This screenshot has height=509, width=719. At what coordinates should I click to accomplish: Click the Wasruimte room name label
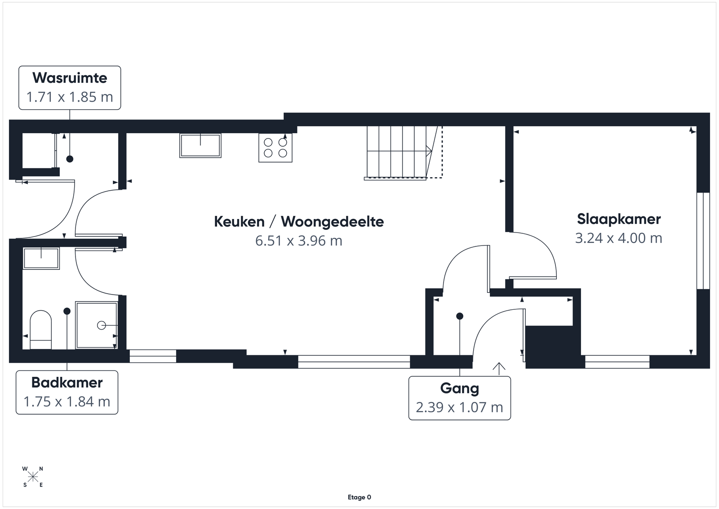point(70,78)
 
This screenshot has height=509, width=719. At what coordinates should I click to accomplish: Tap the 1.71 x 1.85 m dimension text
point(70,97)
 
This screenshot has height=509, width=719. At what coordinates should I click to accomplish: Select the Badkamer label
point(67,383)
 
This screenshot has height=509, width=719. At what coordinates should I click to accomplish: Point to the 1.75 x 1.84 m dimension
point(67,402)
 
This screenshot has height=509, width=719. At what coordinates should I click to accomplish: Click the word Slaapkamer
point(619,219)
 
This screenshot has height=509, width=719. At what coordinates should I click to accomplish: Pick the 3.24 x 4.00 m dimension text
point(618,238)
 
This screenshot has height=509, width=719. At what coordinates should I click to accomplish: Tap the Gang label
point(459,388)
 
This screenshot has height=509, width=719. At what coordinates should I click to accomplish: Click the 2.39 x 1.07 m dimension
point(459,407)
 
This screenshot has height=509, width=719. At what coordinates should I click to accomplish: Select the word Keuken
point(240,222)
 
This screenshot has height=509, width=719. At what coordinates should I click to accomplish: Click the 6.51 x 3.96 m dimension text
point(299,241)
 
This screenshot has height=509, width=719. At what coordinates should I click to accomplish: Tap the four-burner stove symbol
point(275,147)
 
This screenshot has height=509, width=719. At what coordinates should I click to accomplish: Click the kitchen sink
point(200,146)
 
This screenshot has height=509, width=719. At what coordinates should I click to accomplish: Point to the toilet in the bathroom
point(41,330)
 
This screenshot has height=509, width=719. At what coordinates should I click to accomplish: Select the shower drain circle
point(102,326)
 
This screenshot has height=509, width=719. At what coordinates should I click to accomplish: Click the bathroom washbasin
point(41,258)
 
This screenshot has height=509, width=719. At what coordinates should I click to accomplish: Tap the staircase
point(403,153)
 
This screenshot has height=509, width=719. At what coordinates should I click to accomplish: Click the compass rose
point(33,477)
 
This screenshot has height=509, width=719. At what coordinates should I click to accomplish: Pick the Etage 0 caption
point(359,497)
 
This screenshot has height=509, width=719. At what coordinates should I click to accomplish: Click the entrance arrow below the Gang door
point(499,369)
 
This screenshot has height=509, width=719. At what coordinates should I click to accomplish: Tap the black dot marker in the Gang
point(460,316)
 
